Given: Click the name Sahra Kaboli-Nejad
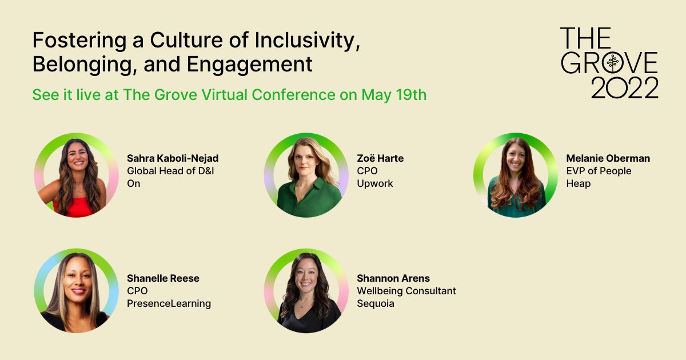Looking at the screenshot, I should [172, 158].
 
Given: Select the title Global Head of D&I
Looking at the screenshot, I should [170, 171].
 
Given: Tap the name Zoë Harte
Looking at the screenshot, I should [380, 158].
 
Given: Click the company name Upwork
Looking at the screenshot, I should [375, 183].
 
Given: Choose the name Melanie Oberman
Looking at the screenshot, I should [608, 158].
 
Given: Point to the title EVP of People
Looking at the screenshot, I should [599, 171].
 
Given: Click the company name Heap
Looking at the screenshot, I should [578, 183].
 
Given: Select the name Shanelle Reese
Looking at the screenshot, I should [163, 278].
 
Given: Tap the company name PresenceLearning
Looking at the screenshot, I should [169, 303].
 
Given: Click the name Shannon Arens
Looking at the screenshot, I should [393, 278].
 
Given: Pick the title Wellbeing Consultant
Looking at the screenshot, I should [406, 291].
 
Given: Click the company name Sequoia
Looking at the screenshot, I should [376, 303].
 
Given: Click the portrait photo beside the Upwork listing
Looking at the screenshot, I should [306, 175].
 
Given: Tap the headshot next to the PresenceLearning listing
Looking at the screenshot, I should [76, 290].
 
